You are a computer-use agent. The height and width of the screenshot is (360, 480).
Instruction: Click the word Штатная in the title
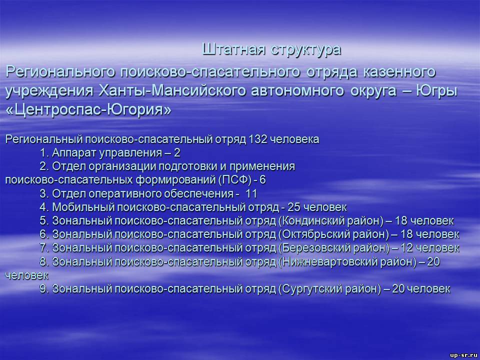tap(233, 49)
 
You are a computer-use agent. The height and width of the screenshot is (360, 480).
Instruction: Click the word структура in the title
tap(306, 49)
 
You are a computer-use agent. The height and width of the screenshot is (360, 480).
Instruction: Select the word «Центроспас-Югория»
tap(88, 110)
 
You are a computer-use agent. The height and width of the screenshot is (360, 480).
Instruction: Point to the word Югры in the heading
tap(436, 91)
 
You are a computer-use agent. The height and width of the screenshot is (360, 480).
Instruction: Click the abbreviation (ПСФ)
tap(235, 180)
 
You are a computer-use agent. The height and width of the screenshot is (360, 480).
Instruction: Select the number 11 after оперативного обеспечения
tap(251, 194)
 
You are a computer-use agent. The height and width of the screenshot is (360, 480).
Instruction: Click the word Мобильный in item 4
tap(83, 207)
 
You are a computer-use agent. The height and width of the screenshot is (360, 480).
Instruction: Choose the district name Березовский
tap(316, 248)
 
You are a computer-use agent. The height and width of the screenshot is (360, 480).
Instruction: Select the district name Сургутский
tap(310, 288)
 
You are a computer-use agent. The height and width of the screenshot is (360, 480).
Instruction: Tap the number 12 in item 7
tap(407, 248)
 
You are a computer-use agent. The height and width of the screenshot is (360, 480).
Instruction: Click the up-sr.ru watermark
tap(463, 355)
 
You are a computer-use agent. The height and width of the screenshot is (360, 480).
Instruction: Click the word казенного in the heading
tap(399, 72)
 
